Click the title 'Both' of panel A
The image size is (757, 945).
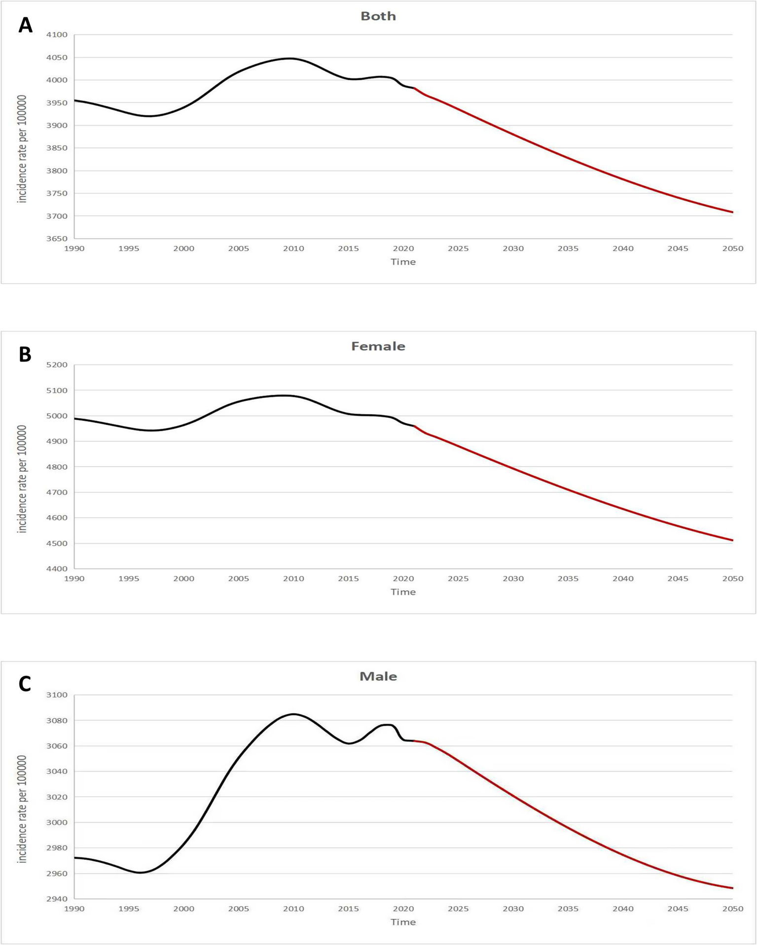(378, 16)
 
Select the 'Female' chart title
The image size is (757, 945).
(378, 347)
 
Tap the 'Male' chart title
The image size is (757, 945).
(378, 676)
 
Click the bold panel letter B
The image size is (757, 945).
(25, 354)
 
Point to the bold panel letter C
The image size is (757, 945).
(25, 684)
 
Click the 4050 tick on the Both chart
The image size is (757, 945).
(57, 58)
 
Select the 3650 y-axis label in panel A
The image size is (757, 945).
(57, 239)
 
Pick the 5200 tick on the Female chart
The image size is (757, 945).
(57, 365)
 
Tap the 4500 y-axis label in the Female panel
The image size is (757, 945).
(57, 543)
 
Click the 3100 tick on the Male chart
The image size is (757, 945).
(57, 695)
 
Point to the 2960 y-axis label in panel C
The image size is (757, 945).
(57, 874)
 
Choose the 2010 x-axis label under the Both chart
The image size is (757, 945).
(293, 248)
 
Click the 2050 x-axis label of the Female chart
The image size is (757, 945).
(732, 579)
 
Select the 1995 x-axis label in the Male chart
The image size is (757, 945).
(129, 909)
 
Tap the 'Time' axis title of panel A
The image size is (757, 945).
(403, 262)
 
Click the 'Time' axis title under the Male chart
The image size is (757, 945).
(403, 922)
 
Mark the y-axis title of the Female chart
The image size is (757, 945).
(22, 479)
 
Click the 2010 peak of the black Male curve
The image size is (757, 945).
(293, 714)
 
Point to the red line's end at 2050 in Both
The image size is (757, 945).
(732, 212)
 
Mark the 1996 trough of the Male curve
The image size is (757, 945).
(141, 873)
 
